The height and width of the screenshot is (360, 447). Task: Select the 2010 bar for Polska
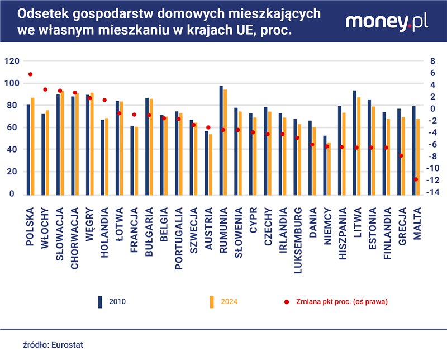[28, 149]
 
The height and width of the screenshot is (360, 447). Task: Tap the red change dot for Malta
[416, 179]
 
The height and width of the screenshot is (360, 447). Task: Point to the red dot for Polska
[30, 74]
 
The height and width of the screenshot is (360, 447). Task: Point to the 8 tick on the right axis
[431, 61]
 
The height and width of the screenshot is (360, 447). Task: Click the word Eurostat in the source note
[67, 345]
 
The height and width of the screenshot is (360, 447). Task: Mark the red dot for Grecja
[401, 156]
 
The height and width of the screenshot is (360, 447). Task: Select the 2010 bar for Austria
[206, 162]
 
